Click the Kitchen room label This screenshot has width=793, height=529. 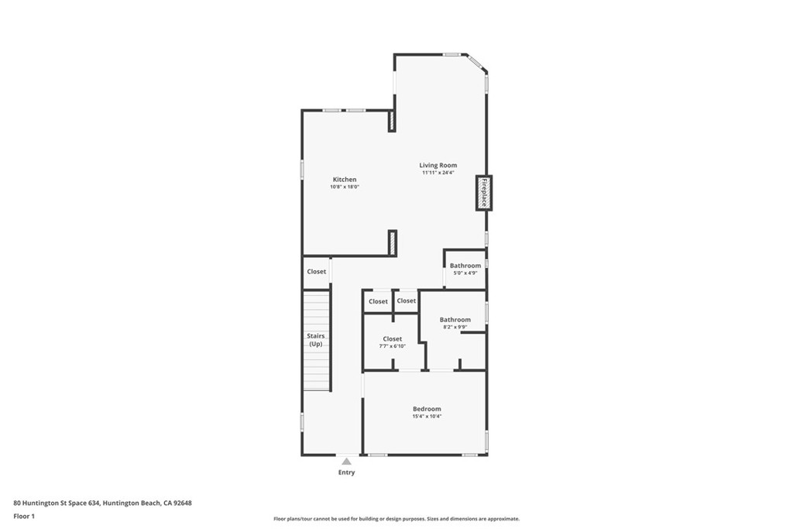[345, 180]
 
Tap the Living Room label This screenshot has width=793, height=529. [438, 165]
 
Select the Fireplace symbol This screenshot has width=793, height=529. [484, 193]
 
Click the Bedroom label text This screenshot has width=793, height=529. [427, 409]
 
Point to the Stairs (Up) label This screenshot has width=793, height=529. [316, 339]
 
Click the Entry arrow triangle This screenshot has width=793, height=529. [346, 462]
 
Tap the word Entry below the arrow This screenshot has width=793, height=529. [346, 472]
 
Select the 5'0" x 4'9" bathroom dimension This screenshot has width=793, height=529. [465, 273]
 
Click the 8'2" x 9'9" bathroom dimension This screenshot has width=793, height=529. [455, 328]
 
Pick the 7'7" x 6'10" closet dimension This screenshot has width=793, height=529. [393, 346]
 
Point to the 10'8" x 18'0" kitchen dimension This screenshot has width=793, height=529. [345, 187]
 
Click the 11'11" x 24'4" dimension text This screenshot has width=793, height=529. [438, 173]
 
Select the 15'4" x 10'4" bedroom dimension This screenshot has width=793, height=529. [427, 417]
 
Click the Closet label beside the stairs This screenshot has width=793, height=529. [316, 272]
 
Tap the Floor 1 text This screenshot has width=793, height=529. [24, 516]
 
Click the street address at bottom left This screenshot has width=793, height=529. [102, 503]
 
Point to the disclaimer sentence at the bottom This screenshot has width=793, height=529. [396, 519]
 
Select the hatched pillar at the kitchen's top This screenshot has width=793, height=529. [392, 121]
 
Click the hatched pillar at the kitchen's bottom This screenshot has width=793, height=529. [392, 243]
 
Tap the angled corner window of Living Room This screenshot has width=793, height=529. [478, 64]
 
